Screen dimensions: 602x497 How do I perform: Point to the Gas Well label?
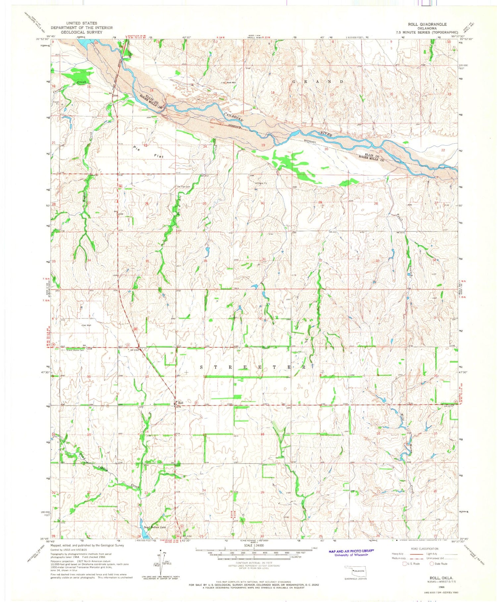(86, 326)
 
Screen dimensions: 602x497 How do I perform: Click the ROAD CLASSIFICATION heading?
(425, 549)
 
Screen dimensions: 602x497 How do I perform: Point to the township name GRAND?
(318, 81)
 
